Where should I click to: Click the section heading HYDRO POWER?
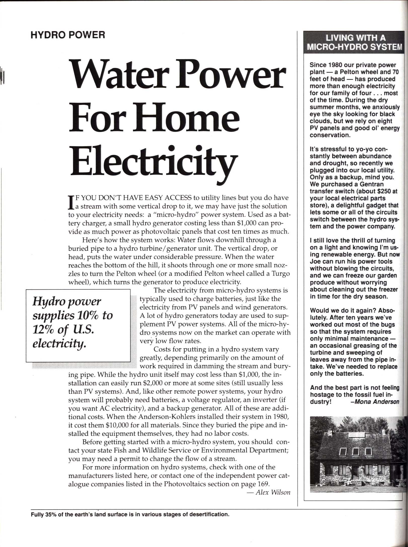(68, 35)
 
